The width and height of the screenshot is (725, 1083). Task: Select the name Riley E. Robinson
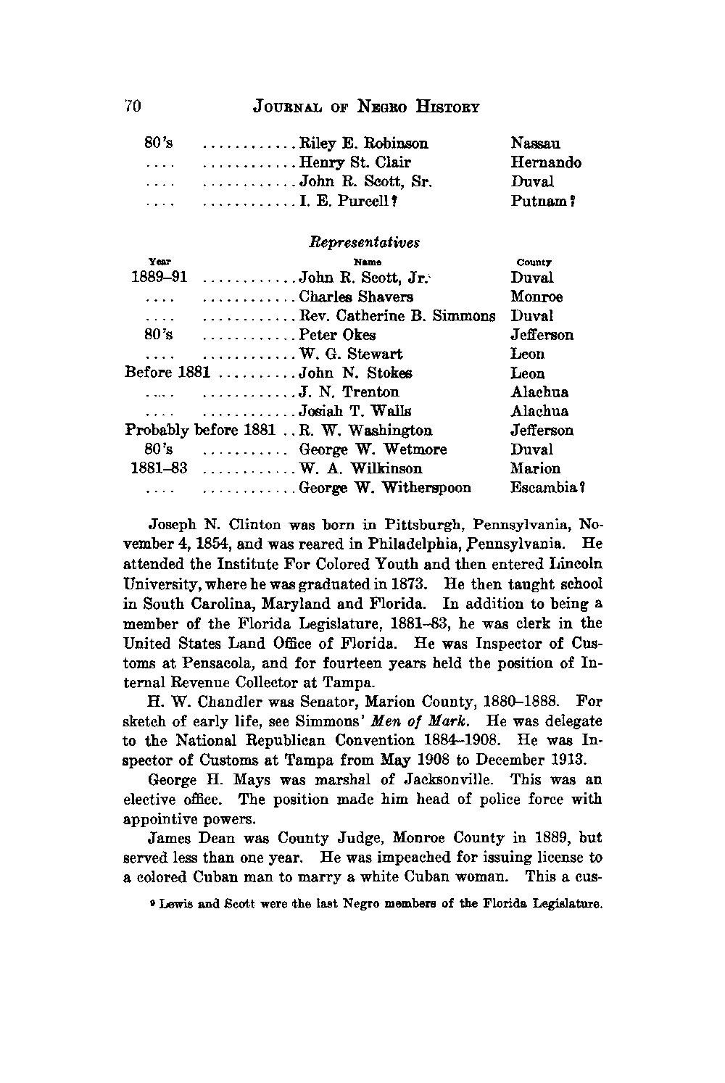363,144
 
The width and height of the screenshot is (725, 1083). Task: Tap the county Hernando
545,162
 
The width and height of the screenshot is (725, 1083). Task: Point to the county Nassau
535,144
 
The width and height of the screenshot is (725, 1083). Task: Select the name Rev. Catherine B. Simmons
397,316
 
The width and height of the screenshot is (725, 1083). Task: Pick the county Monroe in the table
536,297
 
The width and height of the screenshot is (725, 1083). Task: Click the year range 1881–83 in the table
159,469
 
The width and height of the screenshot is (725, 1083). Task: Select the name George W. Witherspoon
385,488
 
